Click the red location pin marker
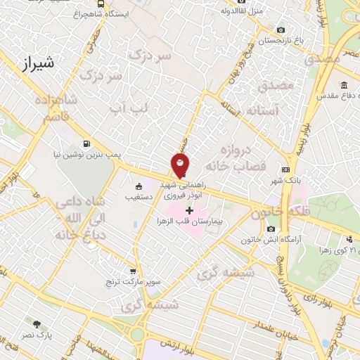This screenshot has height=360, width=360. (x=181, y=165)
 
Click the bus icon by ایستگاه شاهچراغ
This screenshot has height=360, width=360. (x=102, y=4)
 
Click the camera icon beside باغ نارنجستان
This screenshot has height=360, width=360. (x=281, y=30)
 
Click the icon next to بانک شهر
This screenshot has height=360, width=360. (x=285, y=169)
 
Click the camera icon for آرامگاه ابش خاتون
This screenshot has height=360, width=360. (x=271, y=229)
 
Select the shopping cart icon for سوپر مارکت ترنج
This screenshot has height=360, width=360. (x=133, y=271)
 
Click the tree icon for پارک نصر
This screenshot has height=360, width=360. (x=37, y=324)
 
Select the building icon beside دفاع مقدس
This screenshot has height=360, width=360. (x=343, y=86)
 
